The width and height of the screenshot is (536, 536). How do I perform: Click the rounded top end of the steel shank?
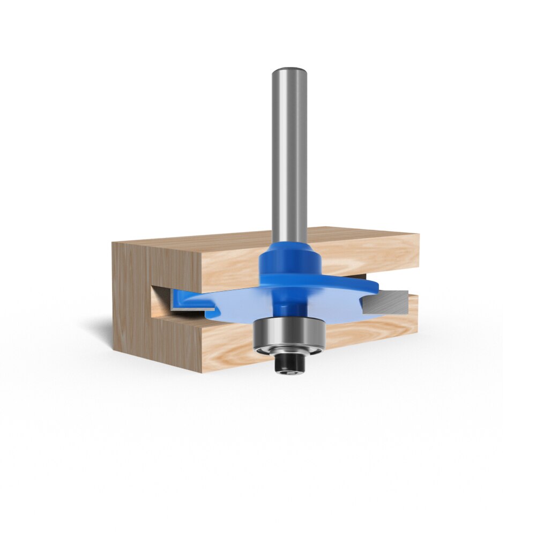pyautogui.click(x=289, y=71)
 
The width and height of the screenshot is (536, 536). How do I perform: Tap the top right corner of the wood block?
pyautogui.click(x=418, y=234)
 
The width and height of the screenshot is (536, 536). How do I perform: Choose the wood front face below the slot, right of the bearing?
pyautogui.click(x=370, y=332)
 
